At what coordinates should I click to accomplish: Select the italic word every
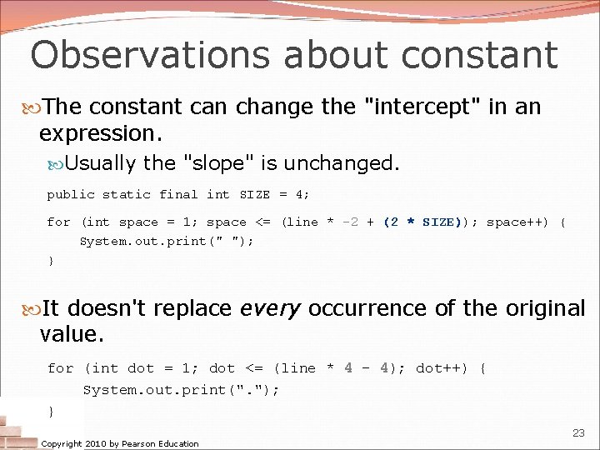pyautogui.click(x=270, y=308)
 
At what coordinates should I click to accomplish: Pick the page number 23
pyautogui.click(x=578, y=432)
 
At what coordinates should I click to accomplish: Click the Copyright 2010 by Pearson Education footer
pyautogui.click(x=120, y=443)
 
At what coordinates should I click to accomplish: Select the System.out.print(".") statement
pyautogui.click(x=181, y=389)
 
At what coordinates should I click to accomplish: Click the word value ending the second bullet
pyautogui.click(x=70, y=335)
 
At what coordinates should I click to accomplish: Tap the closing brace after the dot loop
pyautogui.click(x=51, y=411)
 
